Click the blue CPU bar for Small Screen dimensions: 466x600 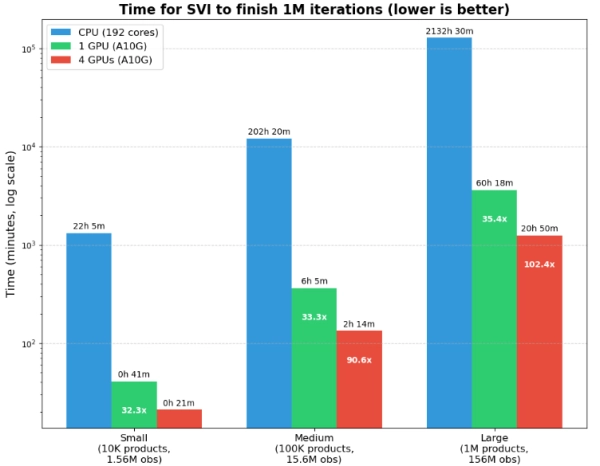pyautogui.click(x=89, y=330)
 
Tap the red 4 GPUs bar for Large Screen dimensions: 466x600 pyautogui.click(x=539, y=331)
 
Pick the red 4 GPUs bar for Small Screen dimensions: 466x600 pyautogui.click(x=179, y=418)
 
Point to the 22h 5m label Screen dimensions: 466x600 pyautogui.click(x=89, y=226)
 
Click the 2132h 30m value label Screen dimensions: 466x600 pyautogui.click(x=449, y=31)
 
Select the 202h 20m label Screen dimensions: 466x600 pyautogui.click(x=269, y=132)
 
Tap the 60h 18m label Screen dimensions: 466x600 pyautogui.click(x=494, y=184)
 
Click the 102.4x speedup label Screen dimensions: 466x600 pyautogui.click(x=539, y=264)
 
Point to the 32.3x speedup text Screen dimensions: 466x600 pyautogui.click(x=134, y=410)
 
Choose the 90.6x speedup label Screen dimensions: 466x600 pyautogui.click(x=359, y=360)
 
